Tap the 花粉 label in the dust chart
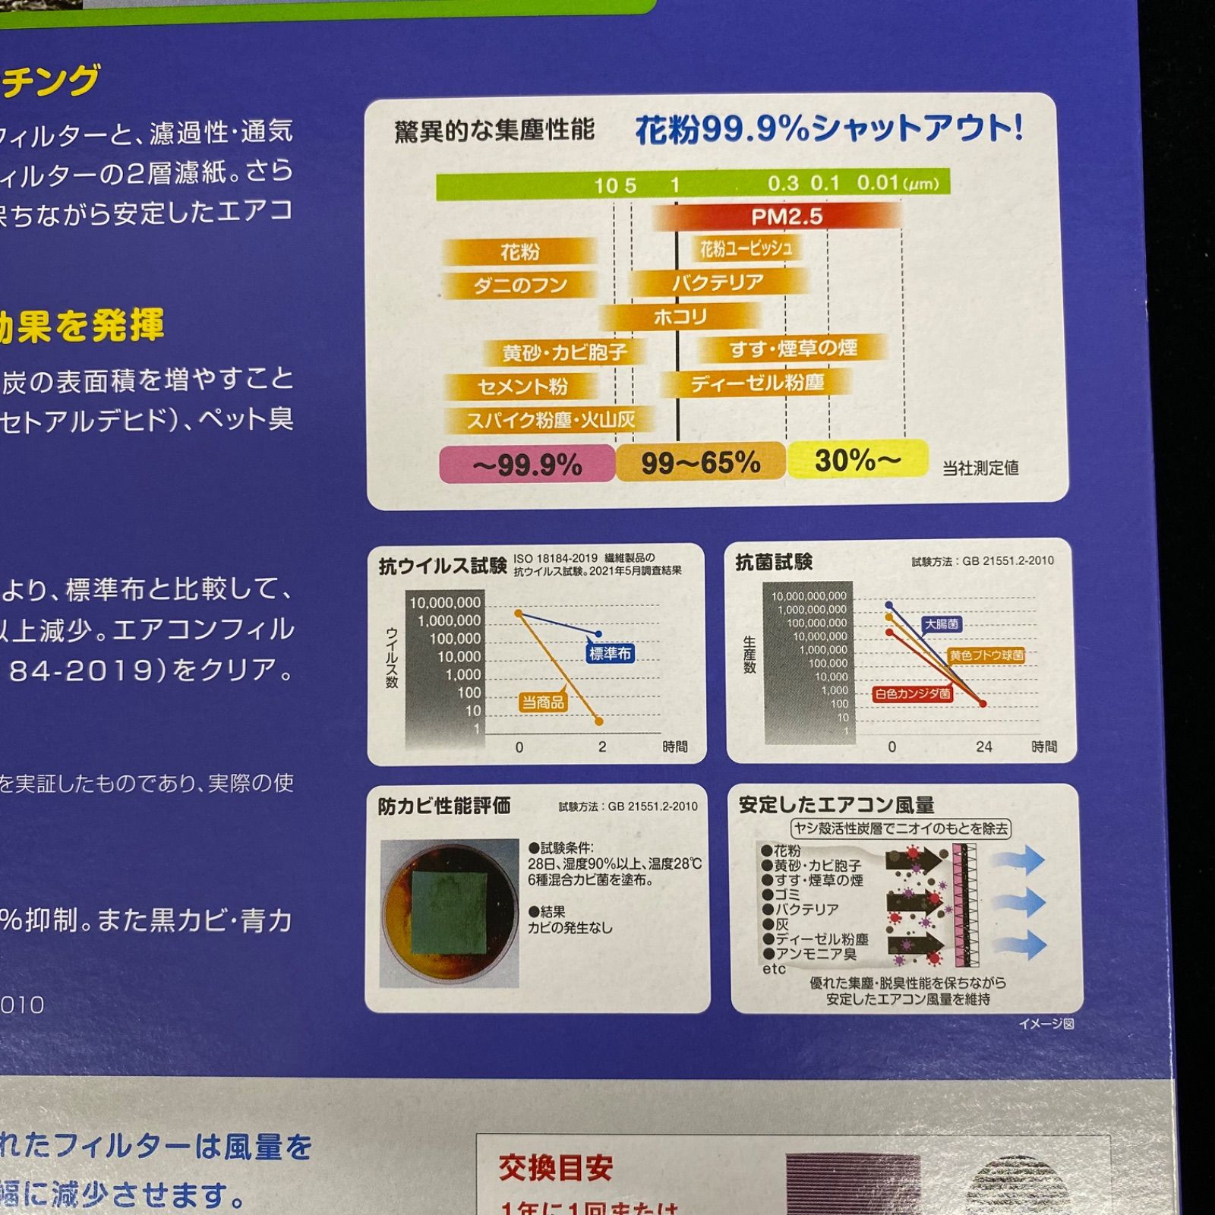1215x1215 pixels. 519,251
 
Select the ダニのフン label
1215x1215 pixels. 520,286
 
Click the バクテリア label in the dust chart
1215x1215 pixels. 718,282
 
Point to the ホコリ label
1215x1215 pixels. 680,317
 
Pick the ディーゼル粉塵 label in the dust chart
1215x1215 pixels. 757,383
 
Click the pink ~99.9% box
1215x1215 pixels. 527,464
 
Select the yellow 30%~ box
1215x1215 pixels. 857,459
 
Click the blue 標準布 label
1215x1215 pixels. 610,653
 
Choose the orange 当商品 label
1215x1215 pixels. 543,702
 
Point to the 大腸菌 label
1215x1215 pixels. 942,624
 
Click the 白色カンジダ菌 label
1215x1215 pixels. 912,693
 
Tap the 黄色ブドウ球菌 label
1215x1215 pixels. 986,655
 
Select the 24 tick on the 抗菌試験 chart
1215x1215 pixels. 983,746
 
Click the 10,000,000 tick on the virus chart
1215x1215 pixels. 445,603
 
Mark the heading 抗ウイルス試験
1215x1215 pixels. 443,566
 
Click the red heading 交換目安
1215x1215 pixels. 555,1168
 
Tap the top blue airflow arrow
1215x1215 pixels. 1021,860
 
